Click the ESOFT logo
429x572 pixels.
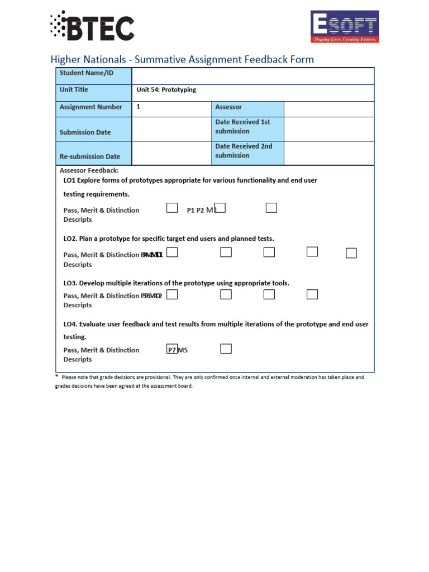(345, 26)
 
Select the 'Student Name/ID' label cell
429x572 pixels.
(93, 76)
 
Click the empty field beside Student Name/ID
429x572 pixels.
(252, 76)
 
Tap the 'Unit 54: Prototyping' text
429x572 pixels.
(166, 90)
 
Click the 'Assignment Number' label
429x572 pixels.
(90, 107)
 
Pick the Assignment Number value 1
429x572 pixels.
(139, 107)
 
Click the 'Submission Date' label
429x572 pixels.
(85, 132)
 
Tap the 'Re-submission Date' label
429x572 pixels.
(89, 157)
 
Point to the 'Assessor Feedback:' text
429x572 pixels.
(89, 171)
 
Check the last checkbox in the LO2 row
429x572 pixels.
(351, 253)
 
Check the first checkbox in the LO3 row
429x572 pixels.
(172, 294)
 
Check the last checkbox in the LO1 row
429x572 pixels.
(271, 208)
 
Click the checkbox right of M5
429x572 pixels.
(226, 349)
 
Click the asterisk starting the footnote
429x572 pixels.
(56, 377)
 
